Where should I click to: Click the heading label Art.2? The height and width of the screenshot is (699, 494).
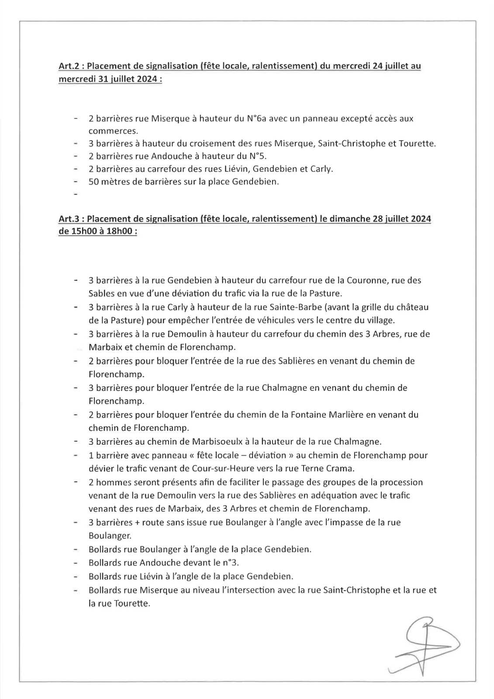(69, 66)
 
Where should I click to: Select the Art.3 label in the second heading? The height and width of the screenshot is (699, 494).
(69, 218)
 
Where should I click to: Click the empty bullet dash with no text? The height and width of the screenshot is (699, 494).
(76, 194)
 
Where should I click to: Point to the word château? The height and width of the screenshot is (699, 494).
(413, 307)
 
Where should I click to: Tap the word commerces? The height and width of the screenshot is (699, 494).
(113, 131)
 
